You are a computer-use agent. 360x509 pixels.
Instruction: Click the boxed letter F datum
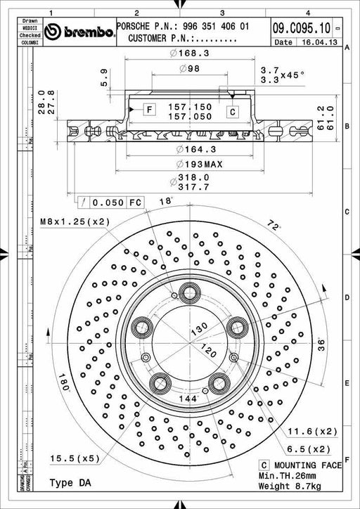tap(149, 109)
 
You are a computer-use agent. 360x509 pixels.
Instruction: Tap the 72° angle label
tap(274, 225)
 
